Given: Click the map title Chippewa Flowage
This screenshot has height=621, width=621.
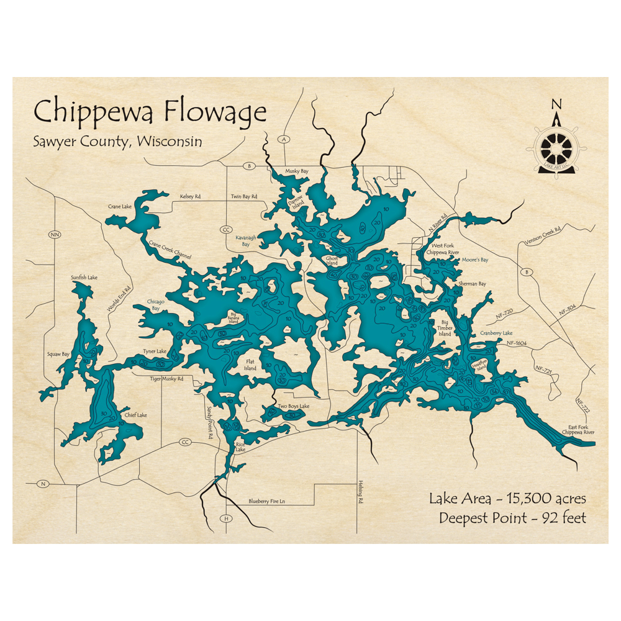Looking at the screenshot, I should [x=150, y=113].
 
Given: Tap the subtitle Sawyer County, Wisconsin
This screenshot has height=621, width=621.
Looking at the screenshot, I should [x=117, y=142].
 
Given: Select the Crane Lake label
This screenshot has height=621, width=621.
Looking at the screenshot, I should [x=118, y=205].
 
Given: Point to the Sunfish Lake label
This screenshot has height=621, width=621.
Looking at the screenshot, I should [x=84, y=278].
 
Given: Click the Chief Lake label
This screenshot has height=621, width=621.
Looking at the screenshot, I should [x=135, y=415].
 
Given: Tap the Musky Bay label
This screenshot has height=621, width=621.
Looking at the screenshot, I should [x=296, y=171].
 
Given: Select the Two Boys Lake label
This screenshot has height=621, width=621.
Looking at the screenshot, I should [x=293, y=406].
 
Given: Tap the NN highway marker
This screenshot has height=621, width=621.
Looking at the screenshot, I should [x=55, y=235].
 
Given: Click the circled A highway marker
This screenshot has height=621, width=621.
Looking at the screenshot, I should [x=284, y=139].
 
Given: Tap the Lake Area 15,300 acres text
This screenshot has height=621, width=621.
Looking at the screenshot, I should [x=507, y=498].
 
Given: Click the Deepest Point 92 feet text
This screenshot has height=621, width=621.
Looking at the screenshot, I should [x=512, y=518].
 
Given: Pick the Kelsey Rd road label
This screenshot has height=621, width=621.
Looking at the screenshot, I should [x=190, y=196].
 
